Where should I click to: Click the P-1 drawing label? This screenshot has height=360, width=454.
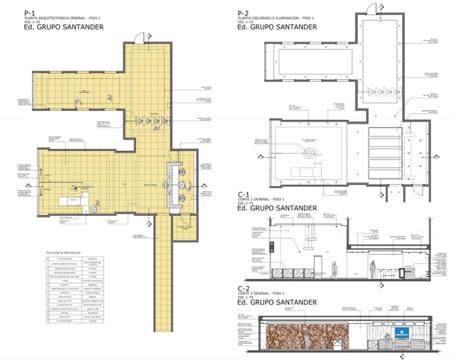click(x=30, y=13)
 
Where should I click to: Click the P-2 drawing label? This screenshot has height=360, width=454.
click(x=242, y=13)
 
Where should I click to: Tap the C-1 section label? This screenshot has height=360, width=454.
click(x=242, y=195)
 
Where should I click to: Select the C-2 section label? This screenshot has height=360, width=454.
click(x=242, y=288)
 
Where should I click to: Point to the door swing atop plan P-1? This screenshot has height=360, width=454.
click(x=141, y=36)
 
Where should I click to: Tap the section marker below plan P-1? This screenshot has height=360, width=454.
click(x=147, y=224)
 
